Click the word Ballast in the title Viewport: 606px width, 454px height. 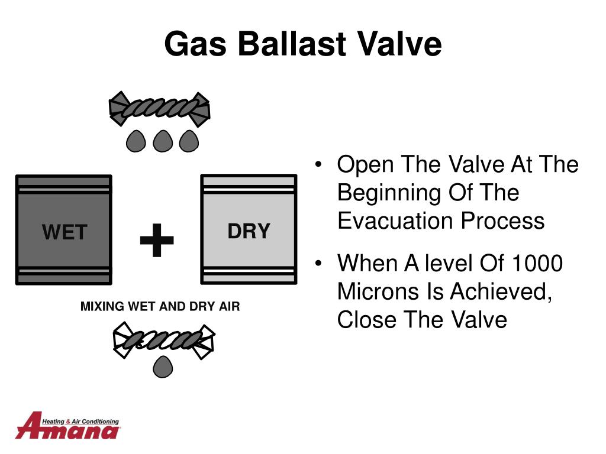coord(292,43)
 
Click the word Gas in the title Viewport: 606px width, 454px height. coord(195,44)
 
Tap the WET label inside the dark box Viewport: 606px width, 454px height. coord(65,232)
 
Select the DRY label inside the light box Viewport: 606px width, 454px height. coord(249,231)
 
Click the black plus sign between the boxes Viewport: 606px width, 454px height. coord(156,240)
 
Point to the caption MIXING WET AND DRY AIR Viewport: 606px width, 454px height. coord(160,306)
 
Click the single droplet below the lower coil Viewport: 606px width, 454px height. coord(163,367)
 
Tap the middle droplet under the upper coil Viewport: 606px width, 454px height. coord(163,141)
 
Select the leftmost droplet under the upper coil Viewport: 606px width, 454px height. coord(136,141)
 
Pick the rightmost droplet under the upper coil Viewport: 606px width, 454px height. coord(189,141)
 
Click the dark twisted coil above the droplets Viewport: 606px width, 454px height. coord(159,109)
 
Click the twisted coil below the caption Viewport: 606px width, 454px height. coord(163,340)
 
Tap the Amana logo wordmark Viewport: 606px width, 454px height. coord(67,426)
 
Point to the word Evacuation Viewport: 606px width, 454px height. coord(395,220)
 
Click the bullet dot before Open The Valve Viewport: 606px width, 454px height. coord(318,164)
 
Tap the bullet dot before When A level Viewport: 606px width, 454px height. coord(318,263)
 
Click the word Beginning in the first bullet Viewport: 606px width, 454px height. coord(389,193)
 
